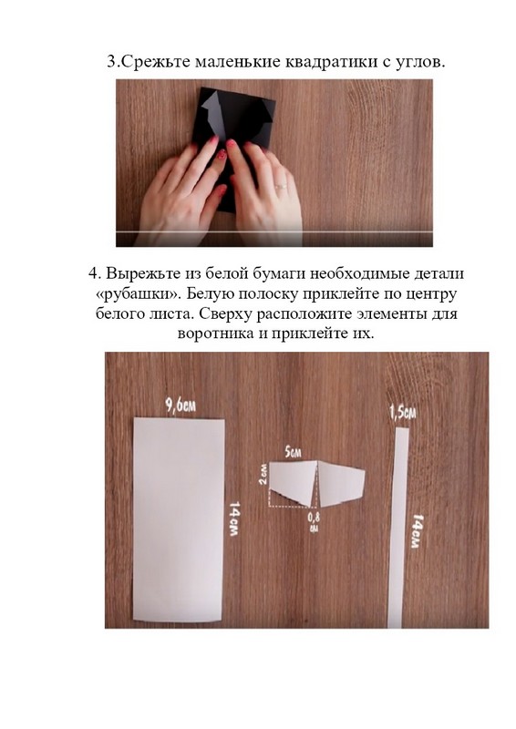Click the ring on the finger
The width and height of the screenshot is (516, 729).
coord(281,186)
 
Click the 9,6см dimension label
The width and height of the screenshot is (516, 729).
coord(181,406)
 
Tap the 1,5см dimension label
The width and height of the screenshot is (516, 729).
coord(402,412)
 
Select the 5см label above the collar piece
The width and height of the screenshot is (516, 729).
coord(294,451)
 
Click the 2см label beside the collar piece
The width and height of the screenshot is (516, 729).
coord(263,474)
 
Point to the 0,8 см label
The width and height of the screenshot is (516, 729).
coord(314,521)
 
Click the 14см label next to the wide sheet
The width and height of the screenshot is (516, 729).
coord(234,519)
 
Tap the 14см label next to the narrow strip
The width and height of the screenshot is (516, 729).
coord(418,530)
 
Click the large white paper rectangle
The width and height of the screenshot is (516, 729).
coord(179,519)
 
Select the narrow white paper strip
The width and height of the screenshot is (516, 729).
coord(398,528)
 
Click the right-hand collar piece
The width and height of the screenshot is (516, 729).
coord(340,484)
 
